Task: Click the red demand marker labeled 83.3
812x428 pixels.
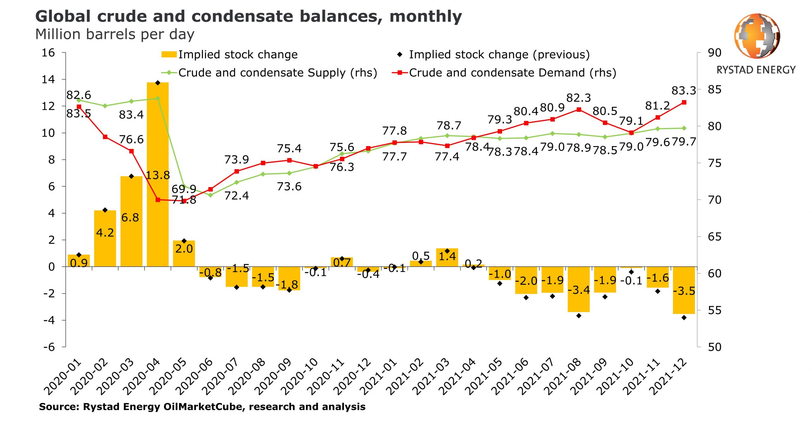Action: tap(684, 102)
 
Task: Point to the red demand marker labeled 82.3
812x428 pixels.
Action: tap(579, 110)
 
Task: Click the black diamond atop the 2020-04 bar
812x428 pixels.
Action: tap(158, 83)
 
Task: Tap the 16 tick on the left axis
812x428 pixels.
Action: tap(48, 53)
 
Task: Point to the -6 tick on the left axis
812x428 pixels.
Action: tap(49, 347)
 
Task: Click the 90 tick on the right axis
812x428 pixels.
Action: tap(715, 53)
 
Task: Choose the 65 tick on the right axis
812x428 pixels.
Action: tap(715, 237)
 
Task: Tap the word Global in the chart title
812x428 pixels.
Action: tap(63, 16)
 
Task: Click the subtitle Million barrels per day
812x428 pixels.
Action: tap(115, 34)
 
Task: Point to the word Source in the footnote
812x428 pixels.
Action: tap(58, 406)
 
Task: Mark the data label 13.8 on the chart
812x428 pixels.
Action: tap(158, 175)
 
